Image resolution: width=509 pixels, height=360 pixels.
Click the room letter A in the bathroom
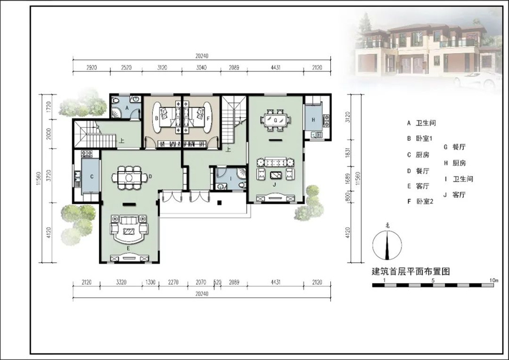pos(127,106)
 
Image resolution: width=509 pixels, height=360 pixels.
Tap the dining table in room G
pos(275,120)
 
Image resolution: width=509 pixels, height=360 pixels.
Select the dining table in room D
pos(130,178)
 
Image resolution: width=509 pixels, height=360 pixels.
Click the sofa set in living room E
pos(129,229)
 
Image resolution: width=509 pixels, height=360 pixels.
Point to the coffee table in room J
pos(275,174)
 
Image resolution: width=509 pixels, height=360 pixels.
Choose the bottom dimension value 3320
pos(120,281)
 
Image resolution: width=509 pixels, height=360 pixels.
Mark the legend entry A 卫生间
pos(421,123)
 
